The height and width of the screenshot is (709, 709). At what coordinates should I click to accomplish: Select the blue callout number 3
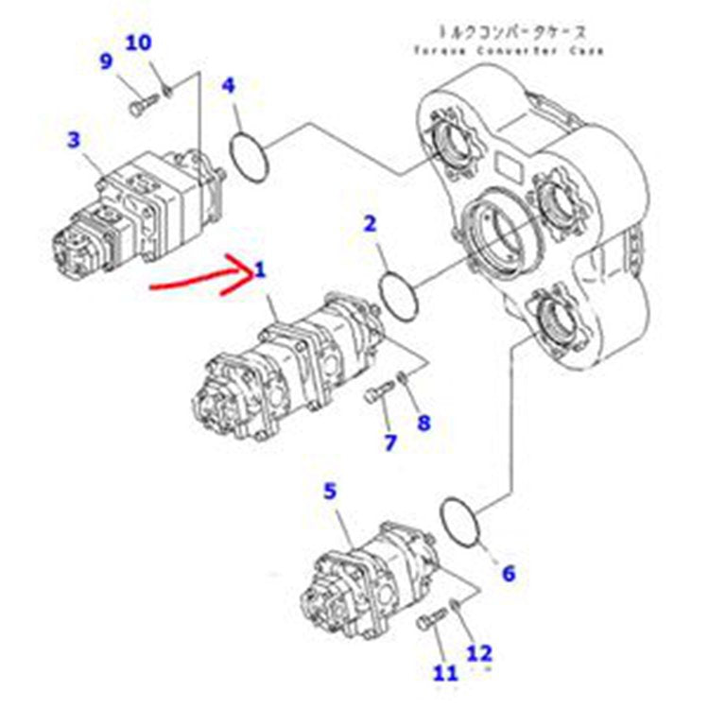coord(73,141)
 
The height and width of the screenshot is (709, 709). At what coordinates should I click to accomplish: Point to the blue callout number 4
coord(229,87)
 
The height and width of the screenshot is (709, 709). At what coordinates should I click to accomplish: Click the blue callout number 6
coord(508,572)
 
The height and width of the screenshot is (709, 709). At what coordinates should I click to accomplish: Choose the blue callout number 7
coord(389,442)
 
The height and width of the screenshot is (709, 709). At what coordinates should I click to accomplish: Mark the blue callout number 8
coord(424,423)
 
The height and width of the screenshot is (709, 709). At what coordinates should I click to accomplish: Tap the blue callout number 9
coord(107,61)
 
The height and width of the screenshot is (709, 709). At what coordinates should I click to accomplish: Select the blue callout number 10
coord(138,43)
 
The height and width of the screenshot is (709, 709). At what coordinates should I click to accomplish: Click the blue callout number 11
coord(444,673)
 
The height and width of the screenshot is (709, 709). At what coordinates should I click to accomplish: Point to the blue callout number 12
coord(479,652)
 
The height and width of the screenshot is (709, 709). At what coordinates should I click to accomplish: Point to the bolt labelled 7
coord(377,393)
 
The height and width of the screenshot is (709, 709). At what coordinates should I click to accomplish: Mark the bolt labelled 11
coord(430,621)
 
